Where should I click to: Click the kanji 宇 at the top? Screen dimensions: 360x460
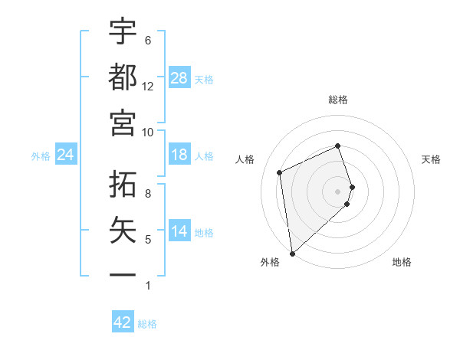click(x=123, y=33)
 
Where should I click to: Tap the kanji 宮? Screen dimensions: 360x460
click(x=123, y=122)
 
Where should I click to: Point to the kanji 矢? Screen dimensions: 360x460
click(x=123, y=231)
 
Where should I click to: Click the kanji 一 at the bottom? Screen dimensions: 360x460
click(x=123, y=274)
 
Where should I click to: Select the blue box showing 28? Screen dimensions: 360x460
click(x=179, y=78)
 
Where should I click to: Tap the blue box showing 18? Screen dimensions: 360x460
click(x=179, y=155)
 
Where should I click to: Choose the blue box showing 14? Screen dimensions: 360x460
click(x=179, y=231)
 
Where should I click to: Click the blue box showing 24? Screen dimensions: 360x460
click(x=65, y=155)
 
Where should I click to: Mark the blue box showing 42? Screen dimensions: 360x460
click(x=122, y=322)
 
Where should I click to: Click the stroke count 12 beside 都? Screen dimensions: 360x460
click(x=147, y=87)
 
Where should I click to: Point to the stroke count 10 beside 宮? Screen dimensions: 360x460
click(x=147, y=132)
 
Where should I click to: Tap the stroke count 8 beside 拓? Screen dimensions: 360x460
click(x=148, y=194)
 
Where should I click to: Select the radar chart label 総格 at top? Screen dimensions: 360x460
click(x=338, y=100)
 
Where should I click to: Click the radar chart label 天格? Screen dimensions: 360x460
click(x=432, y=159)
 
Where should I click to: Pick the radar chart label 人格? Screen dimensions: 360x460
click(x=245, y=159)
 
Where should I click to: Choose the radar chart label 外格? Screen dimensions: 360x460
click(x=269, y=262)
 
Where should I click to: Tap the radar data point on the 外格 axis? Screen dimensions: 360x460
click(x=292, y=252)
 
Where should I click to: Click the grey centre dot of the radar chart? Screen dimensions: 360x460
click(x=338, y=191)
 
